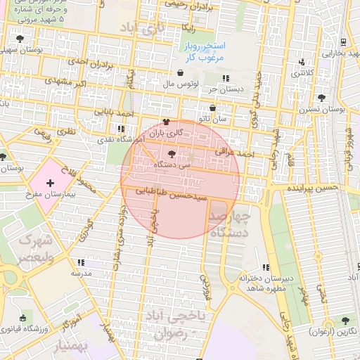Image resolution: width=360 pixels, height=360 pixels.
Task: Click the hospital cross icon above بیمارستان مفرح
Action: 49,184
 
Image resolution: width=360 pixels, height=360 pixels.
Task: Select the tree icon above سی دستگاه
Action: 173,154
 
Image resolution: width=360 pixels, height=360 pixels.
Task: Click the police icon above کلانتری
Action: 302,61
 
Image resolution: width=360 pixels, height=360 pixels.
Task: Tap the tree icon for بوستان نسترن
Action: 321,98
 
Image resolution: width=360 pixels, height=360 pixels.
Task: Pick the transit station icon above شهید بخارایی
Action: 342,41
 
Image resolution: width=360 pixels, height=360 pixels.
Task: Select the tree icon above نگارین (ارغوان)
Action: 345,320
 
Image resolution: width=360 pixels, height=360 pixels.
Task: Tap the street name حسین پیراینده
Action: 312,188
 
